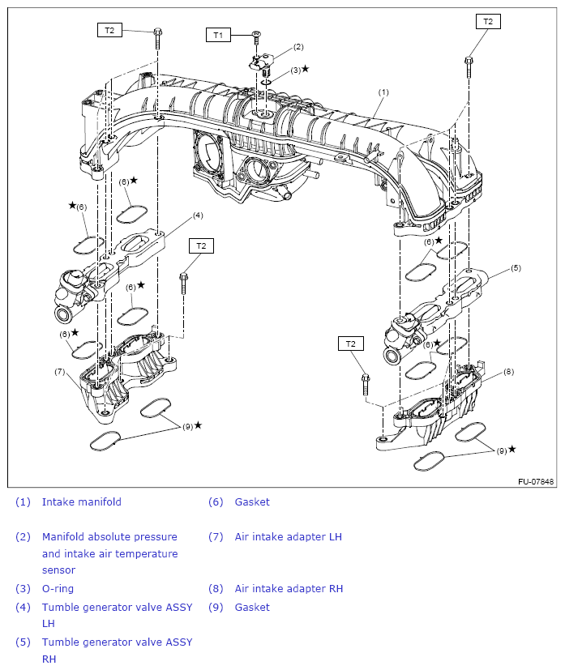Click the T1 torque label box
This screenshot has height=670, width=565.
click(x=217, y=35)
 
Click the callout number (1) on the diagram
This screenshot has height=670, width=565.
click(x=383, y=92)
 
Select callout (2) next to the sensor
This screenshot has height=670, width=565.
click(x=298, y=47)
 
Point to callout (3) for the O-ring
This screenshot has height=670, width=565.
click(x=296, y=70)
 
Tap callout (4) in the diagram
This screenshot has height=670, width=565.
click(x=198, y=216)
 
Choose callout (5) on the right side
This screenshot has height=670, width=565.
click(x=516, y=267)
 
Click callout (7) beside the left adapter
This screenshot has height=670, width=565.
click(x=59, y=372)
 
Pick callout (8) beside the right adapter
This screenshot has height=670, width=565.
click(x=508, y=372)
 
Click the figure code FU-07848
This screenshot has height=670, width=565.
click(x=536, y=482)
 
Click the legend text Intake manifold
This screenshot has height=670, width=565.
click(x=81, y=502)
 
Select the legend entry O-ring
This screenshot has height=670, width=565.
click(x=58, y=589)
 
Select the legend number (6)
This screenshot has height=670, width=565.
click(x=215, y=502)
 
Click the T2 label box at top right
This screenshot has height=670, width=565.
click(x=487, y=22)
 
